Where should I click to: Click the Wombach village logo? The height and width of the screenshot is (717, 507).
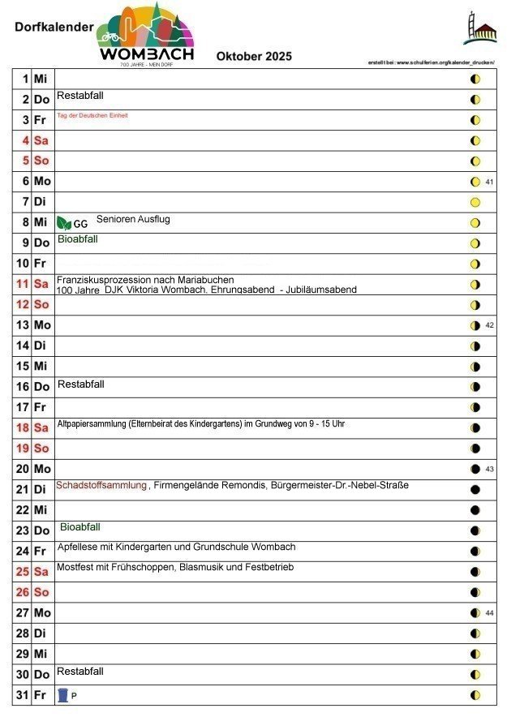146,34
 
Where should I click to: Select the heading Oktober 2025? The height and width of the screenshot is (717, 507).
254,57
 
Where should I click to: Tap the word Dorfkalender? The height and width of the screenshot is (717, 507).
54,27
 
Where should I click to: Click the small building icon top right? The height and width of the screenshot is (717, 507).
479,29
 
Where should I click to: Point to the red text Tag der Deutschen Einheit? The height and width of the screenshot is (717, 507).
92,116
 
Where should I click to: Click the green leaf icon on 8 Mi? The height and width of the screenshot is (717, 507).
64,223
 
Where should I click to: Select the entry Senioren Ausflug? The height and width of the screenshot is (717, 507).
133,220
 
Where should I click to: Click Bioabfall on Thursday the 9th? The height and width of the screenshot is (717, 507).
78,239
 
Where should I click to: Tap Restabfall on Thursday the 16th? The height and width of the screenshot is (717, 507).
80,384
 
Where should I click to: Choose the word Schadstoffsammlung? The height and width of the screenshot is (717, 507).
101,485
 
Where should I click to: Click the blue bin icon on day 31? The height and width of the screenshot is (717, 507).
63,695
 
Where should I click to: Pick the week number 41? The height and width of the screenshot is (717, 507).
489,182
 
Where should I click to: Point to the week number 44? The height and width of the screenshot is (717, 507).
489,613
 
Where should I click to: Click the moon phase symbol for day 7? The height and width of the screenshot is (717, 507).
475,202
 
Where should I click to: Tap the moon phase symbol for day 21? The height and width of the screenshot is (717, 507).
475,490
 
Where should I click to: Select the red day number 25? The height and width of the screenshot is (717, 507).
23,572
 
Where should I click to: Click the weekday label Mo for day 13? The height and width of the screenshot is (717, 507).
42,325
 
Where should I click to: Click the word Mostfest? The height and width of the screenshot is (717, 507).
75,567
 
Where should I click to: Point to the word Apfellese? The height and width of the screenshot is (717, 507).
77,547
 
